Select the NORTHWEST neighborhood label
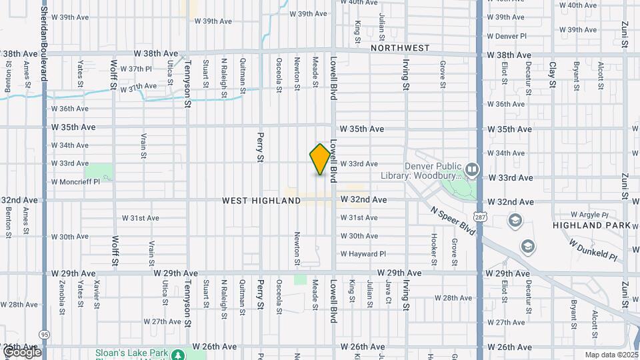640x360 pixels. click(x=401, y=48)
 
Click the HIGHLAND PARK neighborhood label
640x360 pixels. click(x=591, y=226)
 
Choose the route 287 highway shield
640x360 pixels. click(x=480, y=217)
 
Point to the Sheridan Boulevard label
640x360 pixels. click(x=44, y=40)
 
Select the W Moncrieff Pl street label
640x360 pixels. click(x=75, y=181)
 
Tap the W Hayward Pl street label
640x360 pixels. click(x=363, y=254)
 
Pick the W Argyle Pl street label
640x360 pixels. click(x=591, y=215)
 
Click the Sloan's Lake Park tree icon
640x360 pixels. click(x=179, y=355)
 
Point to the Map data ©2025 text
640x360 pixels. click(x=611, y=355)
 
